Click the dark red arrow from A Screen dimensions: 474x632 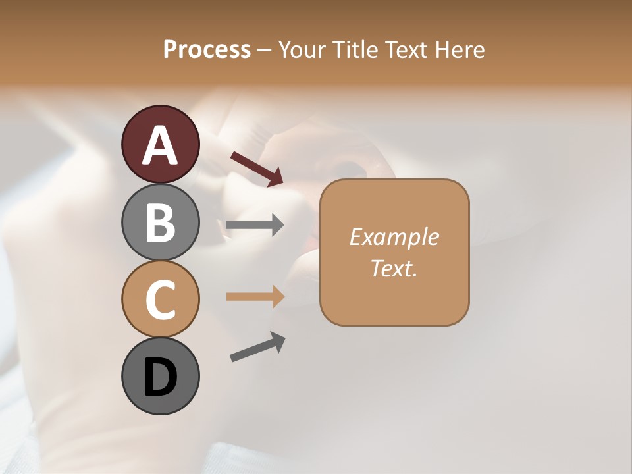point(257,168)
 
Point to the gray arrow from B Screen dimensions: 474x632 point(255,225)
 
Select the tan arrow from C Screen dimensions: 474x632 point(255,296)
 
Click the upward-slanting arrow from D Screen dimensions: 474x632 point(257,347)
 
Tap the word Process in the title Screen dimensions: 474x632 point(207,49)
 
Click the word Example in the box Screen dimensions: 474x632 point(394,237)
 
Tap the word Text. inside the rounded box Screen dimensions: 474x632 point(394,268)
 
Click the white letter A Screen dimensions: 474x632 point(160,145)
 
